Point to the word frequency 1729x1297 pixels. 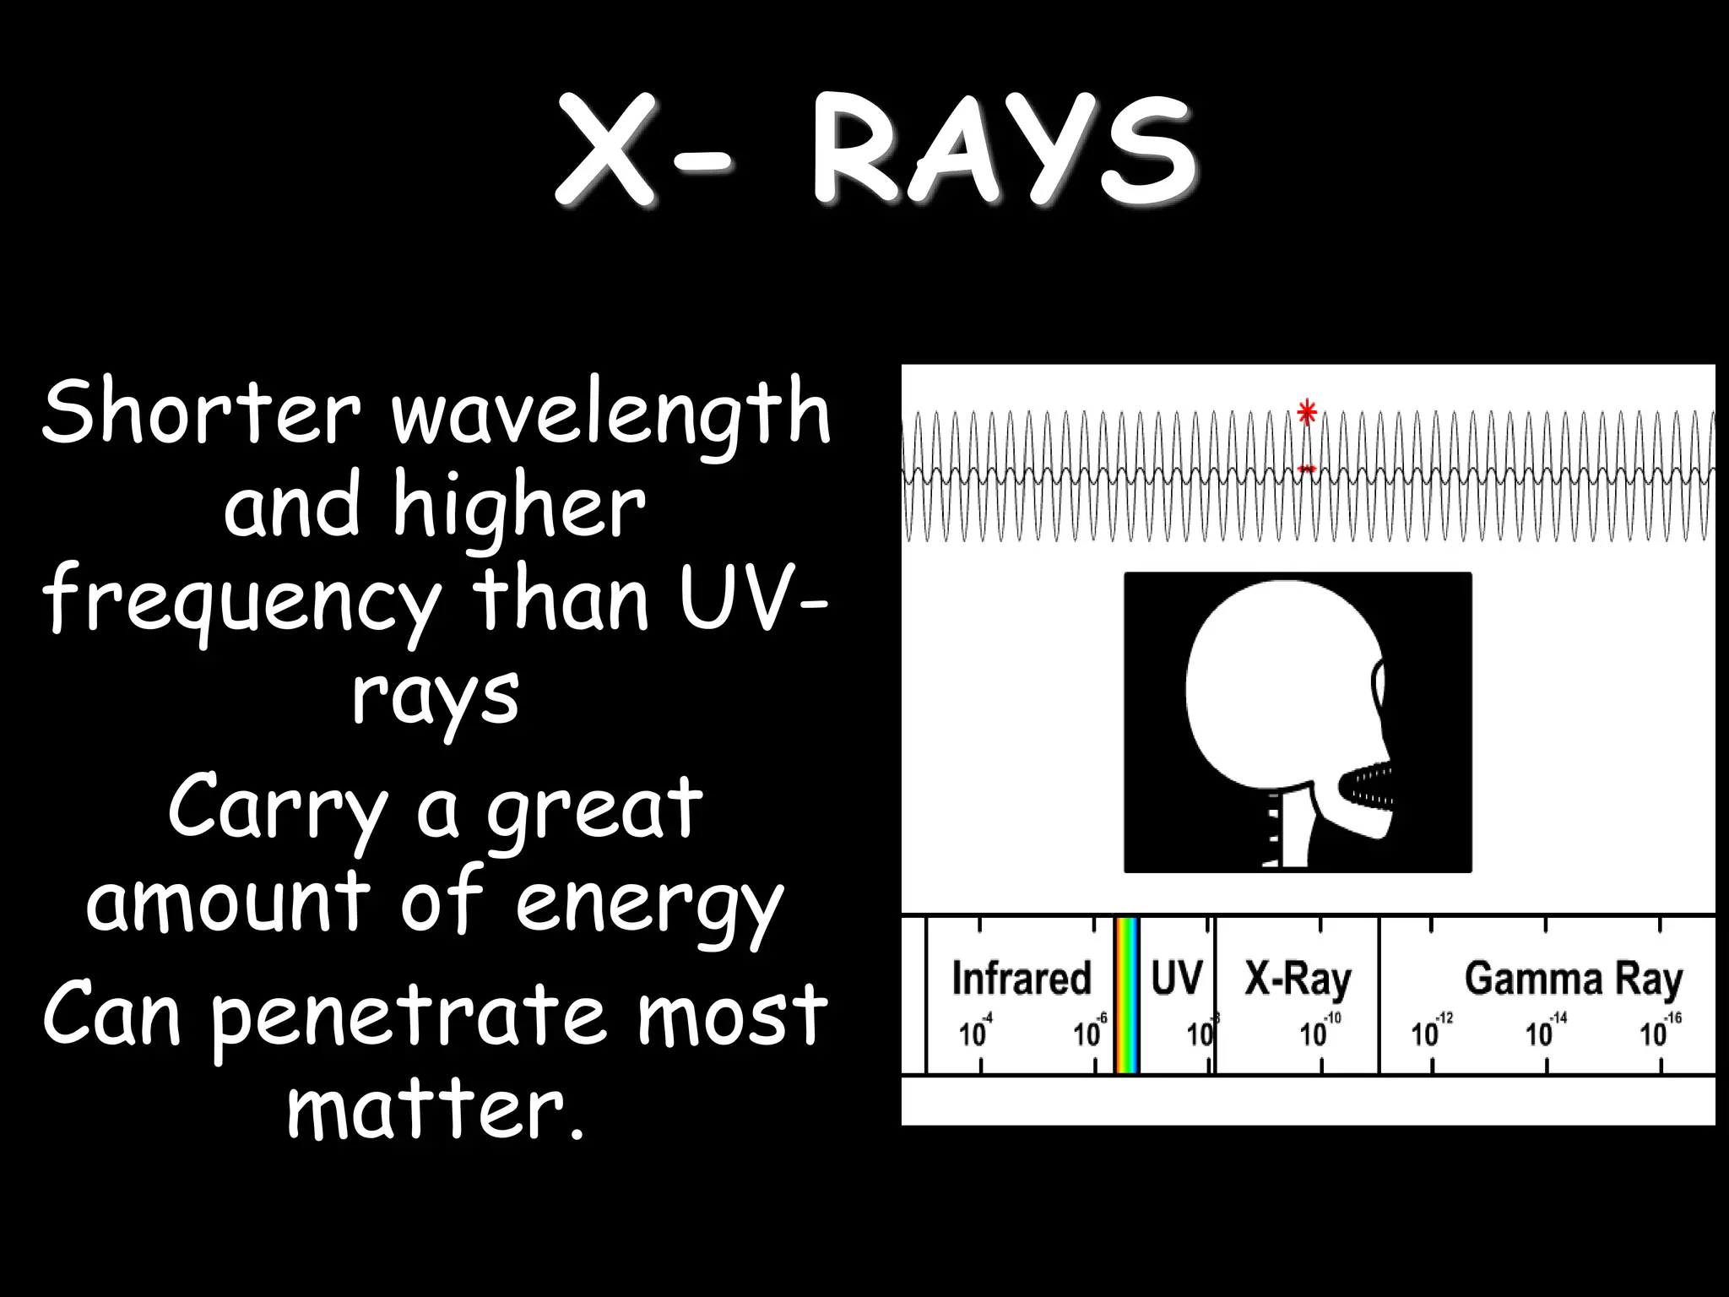point(241,601)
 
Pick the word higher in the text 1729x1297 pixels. point(519,507)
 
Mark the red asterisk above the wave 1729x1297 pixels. point(1307,413)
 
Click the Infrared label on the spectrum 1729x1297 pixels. point(1022,978)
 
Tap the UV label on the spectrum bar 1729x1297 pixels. point(1177,978)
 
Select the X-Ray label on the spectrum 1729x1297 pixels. point(1298,980)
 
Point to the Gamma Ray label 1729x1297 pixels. point(1574,980)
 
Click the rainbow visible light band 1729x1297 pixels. point(1127,996)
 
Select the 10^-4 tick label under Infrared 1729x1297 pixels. point(976,1031)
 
